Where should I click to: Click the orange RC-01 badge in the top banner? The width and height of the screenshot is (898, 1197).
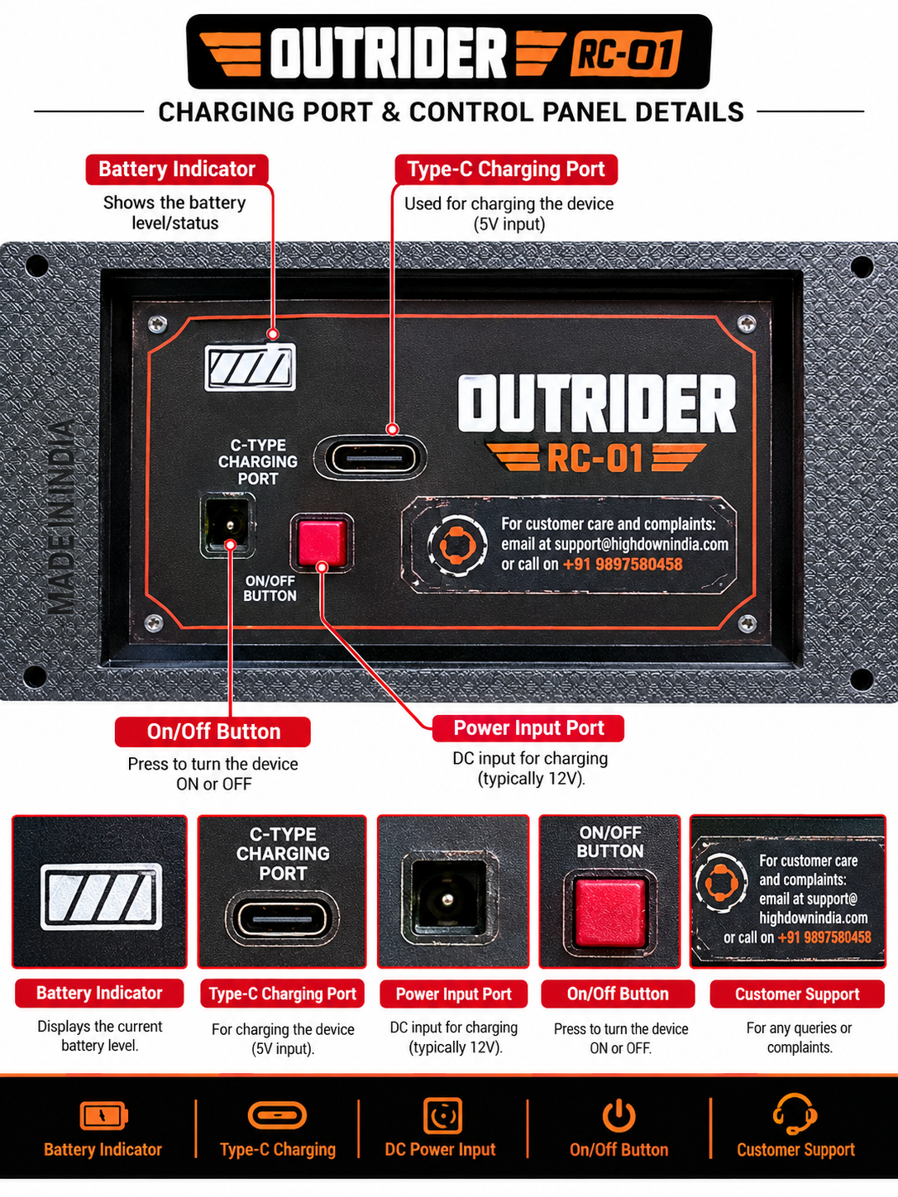click(626, 53)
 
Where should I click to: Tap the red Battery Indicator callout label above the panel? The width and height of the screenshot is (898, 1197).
click(177, 169)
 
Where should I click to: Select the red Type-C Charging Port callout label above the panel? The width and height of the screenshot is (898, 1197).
click(506, 169)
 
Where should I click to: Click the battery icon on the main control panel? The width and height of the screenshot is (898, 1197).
click(251, 367)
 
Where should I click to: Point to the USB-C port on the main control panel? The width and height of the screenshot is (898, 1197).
click(370, 457)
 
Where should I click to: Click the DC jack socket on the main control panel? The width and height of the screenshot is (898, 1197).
click(228, 525)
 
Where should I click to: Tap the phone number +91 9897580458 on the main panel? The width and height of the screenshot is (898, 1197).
click(622, 564)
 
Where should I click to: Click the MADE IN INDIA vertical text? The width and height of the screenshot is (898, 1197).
click(61, 517)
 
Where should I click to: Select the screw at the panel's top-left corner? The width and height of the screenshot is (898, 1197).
click(158, 324)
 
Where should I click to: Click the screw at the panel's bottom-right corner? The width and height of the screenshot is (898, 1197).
click(747, 622)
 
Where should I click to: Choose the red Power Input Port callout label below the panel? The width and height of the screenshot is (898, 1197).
click(528, 728)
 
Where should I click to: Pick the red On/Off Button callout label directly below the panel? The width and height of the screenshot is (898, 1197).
click(213, 732)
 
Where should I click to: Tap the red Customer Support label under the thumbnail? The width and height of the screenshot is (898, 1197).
click(797, 994)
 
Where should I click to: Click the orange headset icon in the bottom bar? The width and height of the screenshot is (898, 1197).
click(795, 1114)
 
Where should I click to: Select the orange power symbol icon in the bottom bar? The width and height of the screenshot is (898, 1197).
click(619, 1115)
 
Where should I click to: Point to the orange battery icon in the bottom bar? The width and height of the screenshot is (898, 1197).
click(103, 1115)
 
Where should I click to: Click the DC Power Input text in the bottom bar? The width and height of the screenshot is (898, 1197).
click(440, 1150)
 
